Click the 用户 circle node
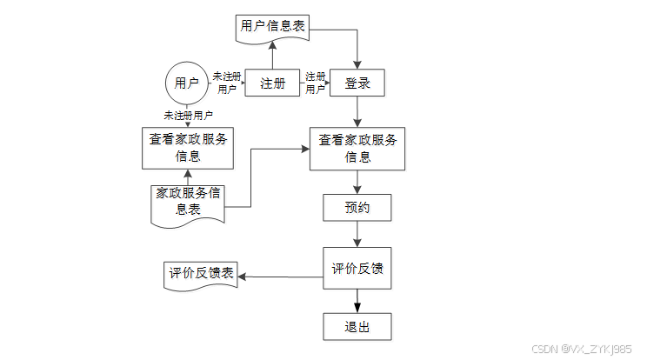coord(187,83)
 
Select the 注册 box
coord(272,83)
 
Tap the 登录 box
coord(357,83)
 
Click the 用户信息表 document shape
coord(272,27)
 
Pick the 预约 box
coord(357,209)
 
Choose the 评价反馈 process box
coord(357,269)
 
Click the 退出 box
coord(357,327)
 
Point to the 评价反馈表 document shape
coord(202,274)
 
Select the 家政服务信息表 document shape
coord(189,202)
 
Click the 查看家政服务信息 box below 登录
coord(357,149)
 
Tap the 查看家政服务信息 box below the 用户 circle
coord(188,148)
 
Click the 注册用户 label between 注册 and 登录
coord(315,83)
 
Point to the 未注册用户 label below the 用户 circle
coord(189,115)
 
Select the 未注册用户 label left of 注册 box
coord(226,83)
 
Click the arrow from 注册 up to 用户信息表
coord(272,55)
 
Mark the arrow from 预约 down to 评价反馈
coord(357,235)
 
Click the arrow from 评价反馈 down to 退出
coord(357,301)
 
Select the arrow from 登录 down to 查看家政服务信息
coord(357,112)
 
